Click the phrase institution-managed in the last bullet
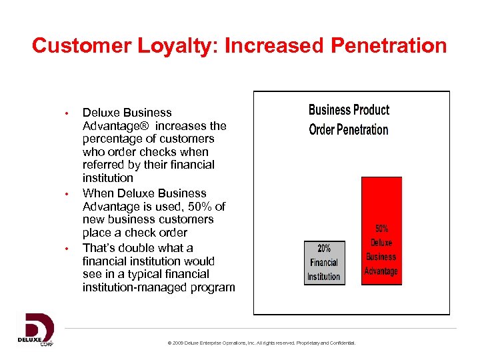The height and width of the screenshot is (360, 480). click(137, 287)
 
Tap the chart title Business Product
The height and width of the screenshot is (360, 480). click(349, 110)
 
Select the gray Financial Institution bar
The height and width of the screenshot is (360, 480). click(324, 263)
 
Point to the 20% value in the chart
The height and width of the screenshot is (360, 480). click(324, 248)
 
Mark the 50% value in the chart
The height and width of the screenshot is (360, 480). click(382, 229)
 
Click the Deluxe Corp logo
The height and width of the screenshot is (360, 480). click(35, 329)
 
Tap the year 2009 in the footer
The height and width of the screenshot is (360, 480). click(179, 343)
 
